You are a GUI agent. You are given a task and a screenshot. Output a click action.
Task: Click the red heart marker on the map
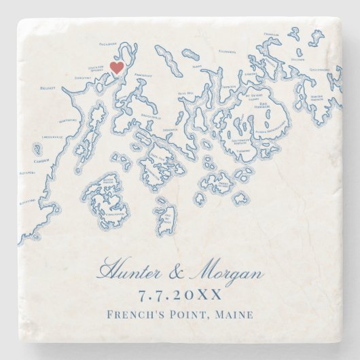pyautogui.click(x=116, y=67)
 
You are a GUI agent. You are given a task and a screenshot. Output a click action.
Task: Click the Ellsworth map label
pyautogui.click(x=228, y=51)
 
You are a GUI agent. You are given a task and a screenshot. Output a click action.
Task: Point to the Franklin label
pyautogui.click(x=271, y=34)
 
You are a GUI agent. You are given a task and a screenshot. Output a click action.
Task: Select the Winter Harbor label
pyautogui.click(x=317, y=97)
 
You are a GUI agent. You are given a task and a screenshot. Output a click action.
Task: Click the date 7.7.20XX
pyautogui.click(x=179, y=295)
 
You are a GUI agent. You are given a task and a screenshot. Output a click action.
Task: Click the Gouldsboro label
pyautogui.click(x=320, y=69)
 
